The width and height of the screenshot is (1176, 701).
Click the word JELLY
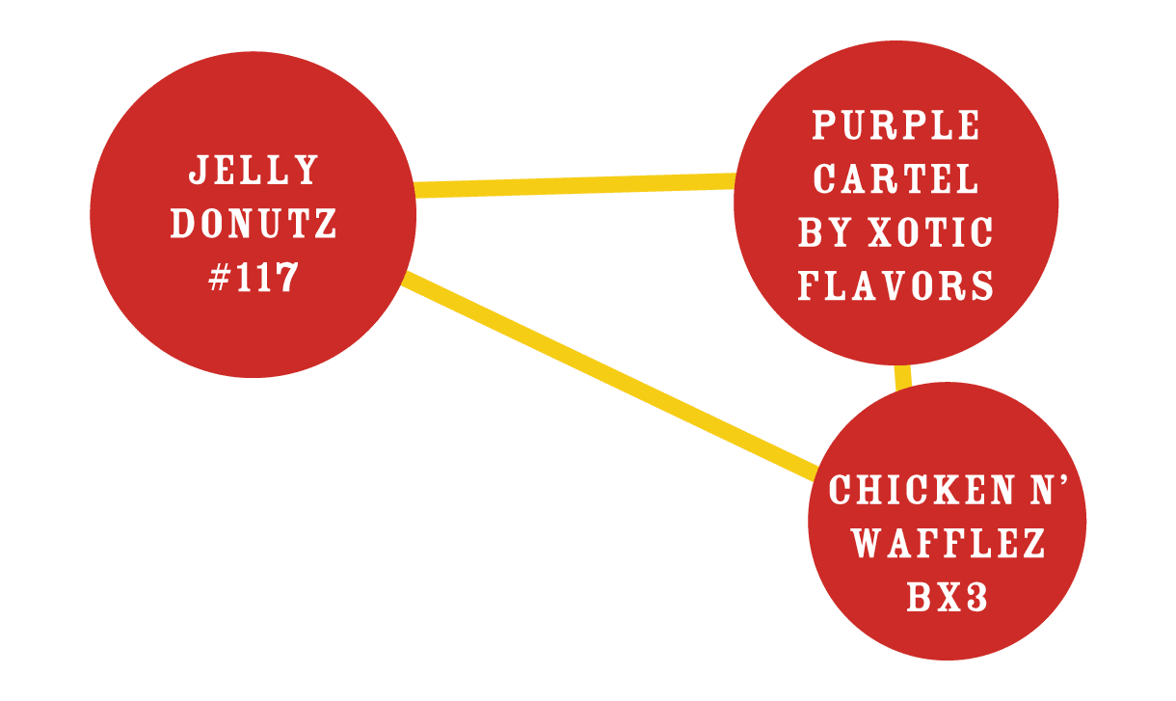254,171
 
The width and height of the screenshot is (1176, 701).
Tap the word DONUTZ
254,225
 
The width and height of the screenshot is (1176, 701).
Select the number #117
254,279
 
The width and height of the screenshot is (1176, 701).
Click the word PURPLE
896,125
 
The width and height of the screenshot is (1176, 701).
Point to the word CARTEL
896,178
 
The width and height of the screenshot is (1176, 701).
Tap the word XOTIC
931,232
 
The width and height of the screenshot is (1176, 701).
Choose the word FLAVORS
896,285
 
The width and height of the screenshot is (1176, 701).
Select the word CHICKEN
906,490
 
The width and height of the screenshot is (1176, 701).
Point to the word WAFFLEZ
949,544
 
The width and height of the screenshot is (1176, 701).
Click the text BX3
948,598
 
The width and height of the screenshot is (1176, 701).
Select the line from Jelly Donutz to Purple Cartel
575,183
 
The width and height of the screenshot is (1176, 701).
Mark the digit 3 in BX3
976,598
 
